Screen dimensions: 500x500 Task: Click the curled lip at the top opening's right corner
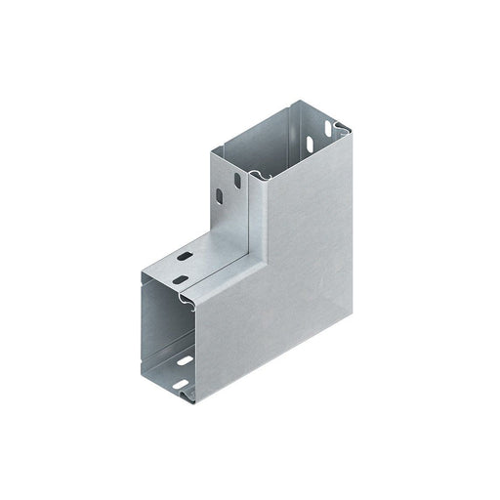tap(340, 127)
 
